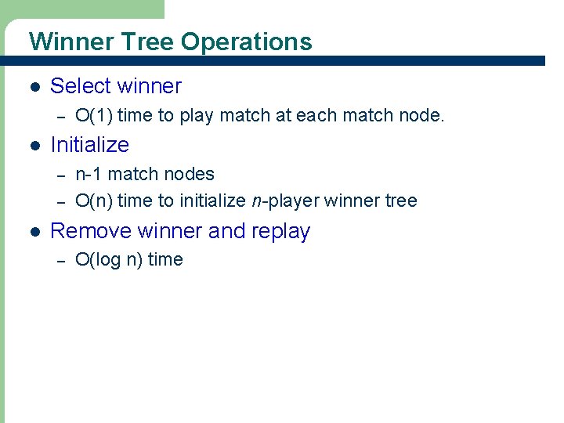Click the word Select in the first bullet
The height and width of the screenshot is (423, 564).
[x=77, y=86]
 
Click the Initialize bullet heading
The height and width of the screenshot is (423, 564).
[x=89, y=145]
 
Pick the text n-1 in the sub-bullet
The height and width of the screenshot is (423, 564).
[x=89, y=173]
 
